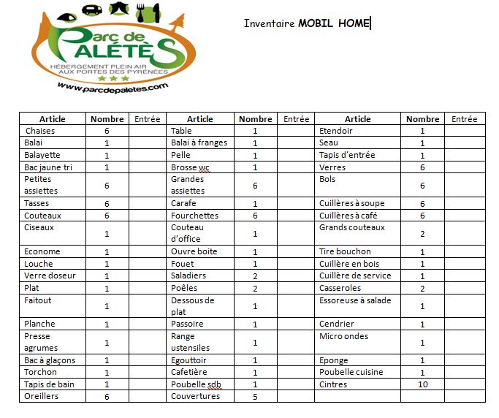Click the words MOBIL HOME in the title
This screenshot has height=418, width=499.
click(x=334, y=23)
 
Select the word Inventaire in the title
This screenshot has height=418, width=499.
click(x=270, y=23)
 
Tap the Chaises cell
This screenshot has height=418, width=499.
click(x=40, y=131)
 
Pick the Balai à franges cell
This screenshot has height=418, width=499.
click(x=199, y=142)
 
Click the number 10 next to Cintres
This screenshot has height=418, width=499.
click(x=422, y=384)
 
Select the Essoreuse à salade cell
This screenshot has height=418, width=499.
click(x=355, y=300)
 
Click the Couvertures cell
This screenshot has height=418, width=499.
click(x=194, y=396)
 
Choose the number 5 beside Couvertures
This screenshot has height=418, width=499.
click(x=255, y=397)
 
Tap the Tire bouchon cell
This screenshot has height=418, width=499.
click(x=345, y=252)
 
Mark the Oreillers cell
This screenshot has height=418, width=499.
click(x=41, y=396)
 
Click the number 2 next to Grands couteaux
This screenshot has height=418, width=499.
click(x=422, y=234)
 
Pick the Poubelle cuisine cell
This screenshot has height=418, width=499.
click(x=351, y=373)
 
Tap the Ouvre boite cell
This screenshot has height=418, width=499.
click(x=194, y=252)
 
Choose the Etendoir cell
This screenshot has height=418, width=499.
click(x=336, y=131)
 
